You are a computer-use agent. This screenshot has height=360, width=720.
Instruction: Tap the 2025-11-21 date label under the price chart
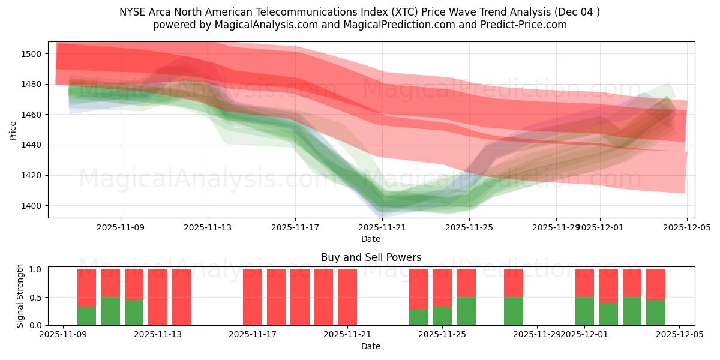383,228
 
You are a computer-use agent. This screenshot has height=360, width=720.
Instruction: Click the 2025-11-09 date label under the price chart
121,228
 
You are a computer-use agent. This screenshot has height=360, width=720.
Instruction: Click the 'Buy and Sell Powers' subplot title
371,257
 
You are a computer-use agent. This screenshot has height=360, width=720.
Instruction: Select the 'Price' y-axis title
13,130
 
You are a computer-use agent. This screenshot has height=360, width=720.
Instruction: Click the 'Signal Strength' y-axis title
20,296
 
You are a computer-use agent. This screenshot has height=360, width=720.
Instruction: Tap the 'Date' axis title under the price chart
371,239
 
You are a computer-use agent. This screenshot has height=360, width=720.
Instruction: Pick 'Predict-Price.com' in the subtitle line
526,25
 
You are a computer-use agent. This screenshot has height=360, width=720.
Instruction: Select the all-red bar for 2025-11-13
158,297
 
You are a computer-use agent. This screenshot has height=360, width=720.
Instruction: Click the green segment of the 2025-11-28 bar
514,311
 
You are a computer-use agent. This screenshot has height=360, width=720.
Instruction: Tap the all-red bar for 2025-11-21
347,297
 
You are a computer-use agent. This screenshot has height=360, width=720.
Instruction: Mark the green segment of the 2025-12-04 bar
656,313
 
